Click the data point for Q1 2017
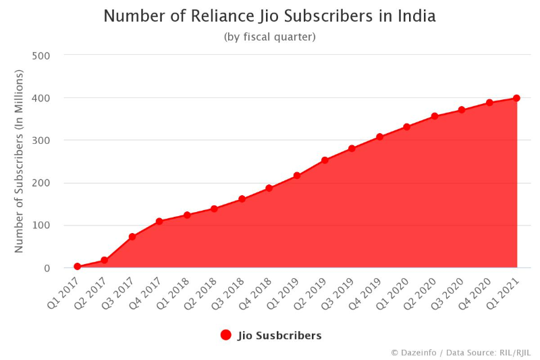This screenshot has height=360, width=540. [77, 267]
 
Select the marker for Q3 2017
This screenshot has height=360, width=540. [132, 237]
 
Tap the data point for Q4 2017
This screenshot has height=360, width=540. [159, 222]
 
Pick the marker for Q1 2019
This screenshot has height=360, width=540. [297, 176]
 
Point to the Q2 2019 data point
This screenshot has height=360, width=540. [325, 160]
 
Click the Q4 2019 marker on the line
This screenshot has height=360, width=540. [379, 137]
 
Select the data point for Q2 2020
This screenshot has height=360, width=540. [435, 116]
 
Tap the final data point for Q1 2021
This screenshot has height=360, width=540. [516, 98]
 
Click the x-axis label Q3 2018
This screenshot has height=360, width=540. [230, 292]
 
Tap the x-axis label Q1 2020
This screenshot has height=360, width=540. [394, 292]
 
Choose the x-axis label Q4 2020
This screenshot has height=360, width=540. [477, 292]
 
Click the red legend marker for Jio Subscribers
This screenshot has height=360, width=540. [226, 335]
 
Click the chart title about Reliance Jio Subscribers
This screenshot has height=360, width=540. [269, 16]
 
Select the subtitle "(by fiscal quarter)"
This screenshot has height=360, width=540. [269, 36]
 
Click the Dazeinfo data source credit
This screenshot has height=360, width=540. [461, 353]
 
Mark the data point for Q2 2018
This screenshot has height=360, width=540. [215, 209]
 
